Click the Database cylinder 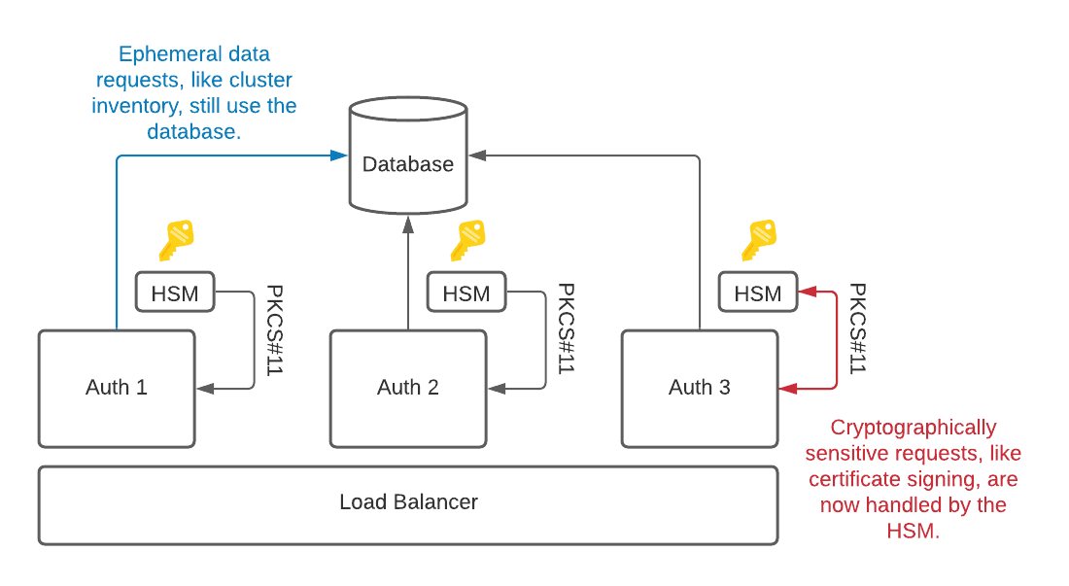[x=408, y=163]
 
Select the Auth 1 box [x=117, y=388]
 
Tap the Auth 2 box [x=408, y=388]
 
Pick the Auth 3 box [x=700, y=388]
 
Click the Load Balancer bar [x=408, y=503]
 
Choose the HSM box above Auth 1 [x=175, y=293]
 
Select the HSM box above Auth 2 [x=466, y=293]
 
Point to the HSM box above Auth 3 [x=758, y=293]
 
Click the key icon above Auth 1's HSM [x=176, y=240]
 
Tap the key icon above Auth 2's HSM [x=467, y=240]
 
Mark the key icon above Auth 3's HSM [x=759, y=240]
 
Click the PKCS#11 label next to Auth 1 [x=274, y=329]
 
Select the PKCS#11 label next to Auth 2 [x=566, y=329]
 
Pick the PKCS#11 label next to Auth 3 [x=857, y=329]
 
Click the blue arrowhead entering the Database [x=340, y=155]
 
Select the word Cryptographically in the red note [x=914, y=428]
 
